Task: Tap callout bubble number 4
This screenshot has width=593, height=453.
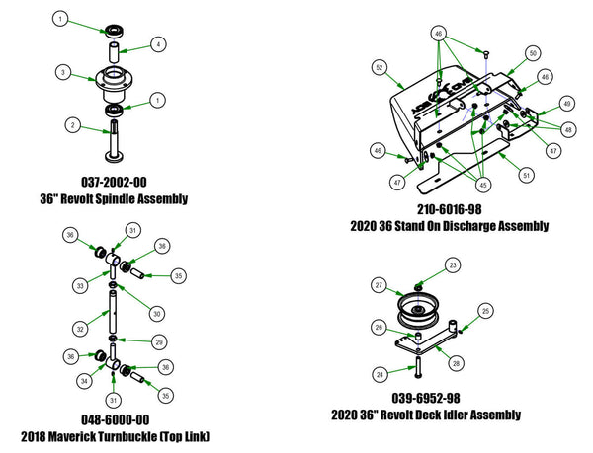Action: coord(160,43)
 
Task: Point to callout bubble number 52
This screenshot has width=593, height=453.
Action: coord(379,68)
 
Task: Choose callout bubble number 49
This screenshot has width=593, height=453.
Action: coord(567,103)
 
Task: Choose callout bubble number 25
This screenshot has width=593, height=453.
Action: coord(484,311)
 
